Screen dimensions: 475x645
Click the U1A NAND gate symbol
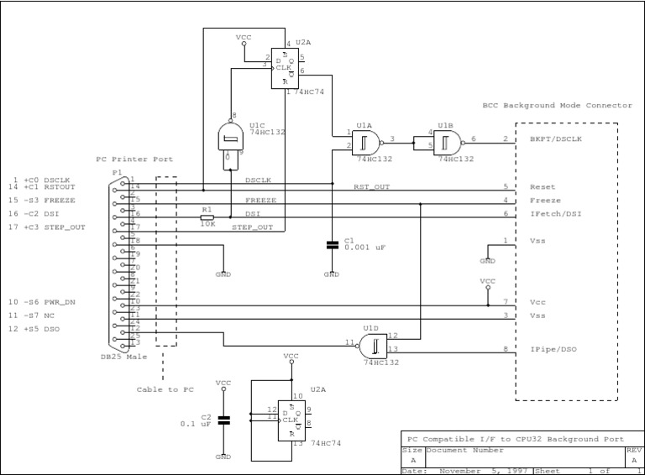[x=366, y=140]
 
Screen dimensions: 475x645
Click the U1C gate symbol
[x=229, y=139]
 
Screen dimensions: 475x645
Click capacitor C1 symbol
[x=332, y=245]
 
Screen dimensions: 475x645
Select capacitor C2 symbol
[x=223, y=420]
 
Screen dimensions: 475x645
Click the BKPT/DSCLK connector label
[x=557, y=139]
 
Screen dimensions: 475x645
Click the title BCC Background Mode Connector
[x=558, y=106]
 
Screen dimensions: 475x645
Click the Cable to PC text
[x=165, y=389]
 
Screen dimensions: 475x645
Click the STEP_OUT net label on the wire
[x=252, y=227]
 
